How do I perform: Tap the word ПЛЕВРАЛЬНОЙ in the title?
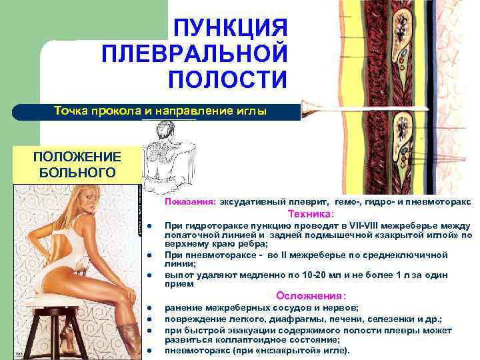(195, 53)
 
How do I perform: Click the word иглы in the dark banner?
(252, 111)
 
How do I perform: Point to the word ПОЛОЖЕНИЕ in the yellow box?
(78, 157)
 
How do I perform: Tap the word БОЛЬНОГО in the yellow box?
(78, 173)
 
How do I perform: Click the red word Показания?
(190, 201)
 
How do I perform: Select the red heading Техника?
(310, 214)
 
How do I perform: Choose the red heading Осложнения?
(311, 295)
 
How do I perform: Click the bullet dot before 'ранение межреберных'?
(154, 308)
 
